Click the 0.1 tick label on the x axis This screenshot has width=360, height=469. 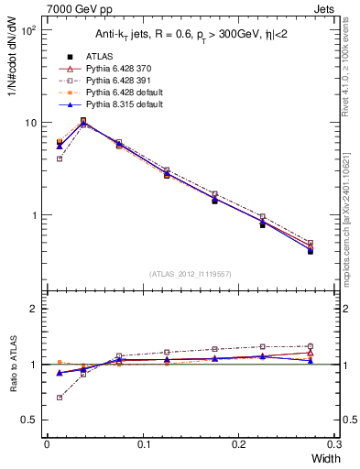pos(143,445)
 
